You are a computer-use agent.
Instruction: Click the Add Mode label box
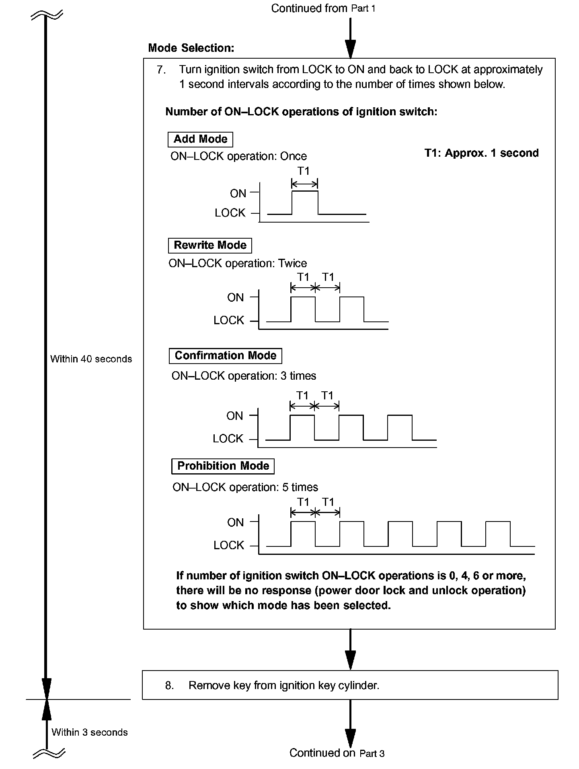click(x=200, y=139)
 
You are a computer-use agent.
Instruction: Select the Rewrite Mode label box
click(x=210, y=245)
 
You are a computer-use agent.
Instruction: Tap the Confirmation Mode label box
click(x=226, y=356)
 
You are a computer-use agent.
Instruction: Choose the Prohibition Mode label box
click(x=223, y=466)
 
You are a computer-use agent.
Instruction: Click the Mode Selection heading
click(x=191, y=48)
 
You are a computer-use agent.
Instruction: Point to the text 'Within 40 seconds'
click(x=91, y=359)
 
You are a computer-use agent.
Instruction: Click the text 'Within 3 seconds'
click(x=89, y=732)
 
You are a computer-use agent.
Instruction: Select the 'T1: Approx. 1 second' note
click(x=481, y=153)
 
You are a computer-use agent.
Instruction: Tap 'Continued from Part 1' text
click(x=323, y=8)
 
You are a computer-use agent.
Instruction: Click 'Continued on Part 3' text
click(x=337, y=753)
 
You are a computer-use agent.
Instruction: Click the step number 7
click(x=161, y=70)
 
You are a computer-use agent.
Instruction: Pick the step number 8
click(x=169, y=685)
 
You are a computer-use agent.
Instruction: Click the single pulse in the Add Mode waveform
click(x=305, y=202)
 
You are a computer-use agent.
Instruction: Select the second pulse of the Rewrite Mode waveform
click(x=352, y=309)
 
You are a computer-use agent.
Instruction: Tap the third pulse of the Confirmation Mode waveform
click(x=400, y=427)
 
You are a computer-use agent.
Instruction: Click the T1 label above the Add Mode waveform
click(x=304, y=171)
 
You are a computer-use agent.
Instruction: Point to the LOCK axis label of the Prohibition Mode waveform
click(x=229, y=546)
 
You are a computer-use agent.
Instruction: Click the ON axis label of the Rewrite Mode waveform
click(x=235, y=298)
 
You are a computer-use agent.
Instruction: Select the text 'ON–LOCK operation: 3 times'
click(x=244, y=376)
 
